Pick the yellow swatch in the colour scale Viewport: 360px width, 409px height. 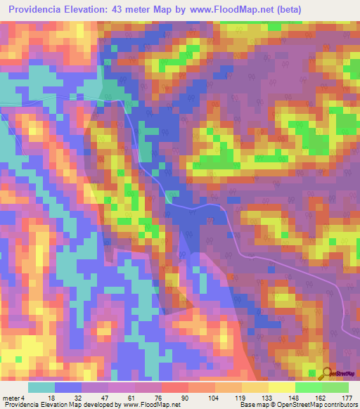pyautogui.click(x=281, y=387)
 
